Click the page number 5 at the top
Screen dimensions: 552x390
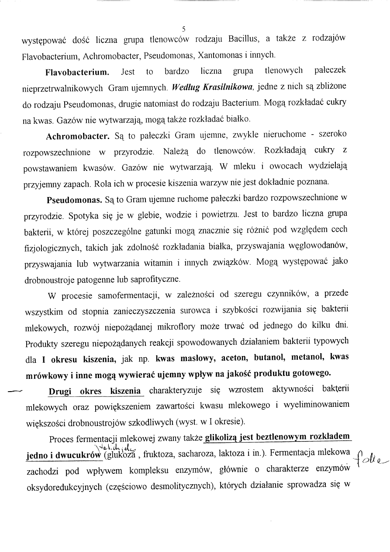tap(184, 29)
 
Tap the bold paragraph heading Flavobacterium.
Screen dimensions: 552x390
tap(77, 71)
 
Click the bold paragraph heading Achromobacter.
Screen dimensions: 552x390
tap(78, 136)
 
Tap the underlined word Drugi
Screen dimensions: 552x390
tap(61, 391)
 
